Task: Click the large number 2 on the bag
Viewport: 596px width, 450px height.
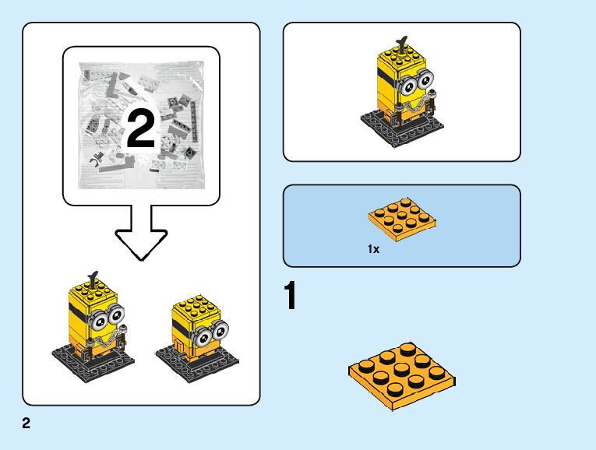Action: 140,129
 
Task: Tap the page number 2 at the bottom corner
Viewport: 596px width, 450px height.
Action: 26,424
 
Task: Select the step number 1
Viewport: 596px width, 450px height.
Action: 290,297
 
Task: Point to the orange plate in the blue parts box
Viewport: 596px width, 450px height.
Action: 401,220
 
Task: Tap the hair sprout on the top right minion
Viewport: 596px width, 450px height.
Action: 402,41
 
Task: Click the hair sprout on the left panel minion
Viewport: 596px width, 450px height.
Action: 93,276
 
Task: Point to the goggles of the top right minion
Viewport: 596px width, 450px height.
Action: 420,79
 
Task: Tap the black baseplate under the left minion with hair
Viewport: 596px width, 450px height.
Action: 93,360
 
